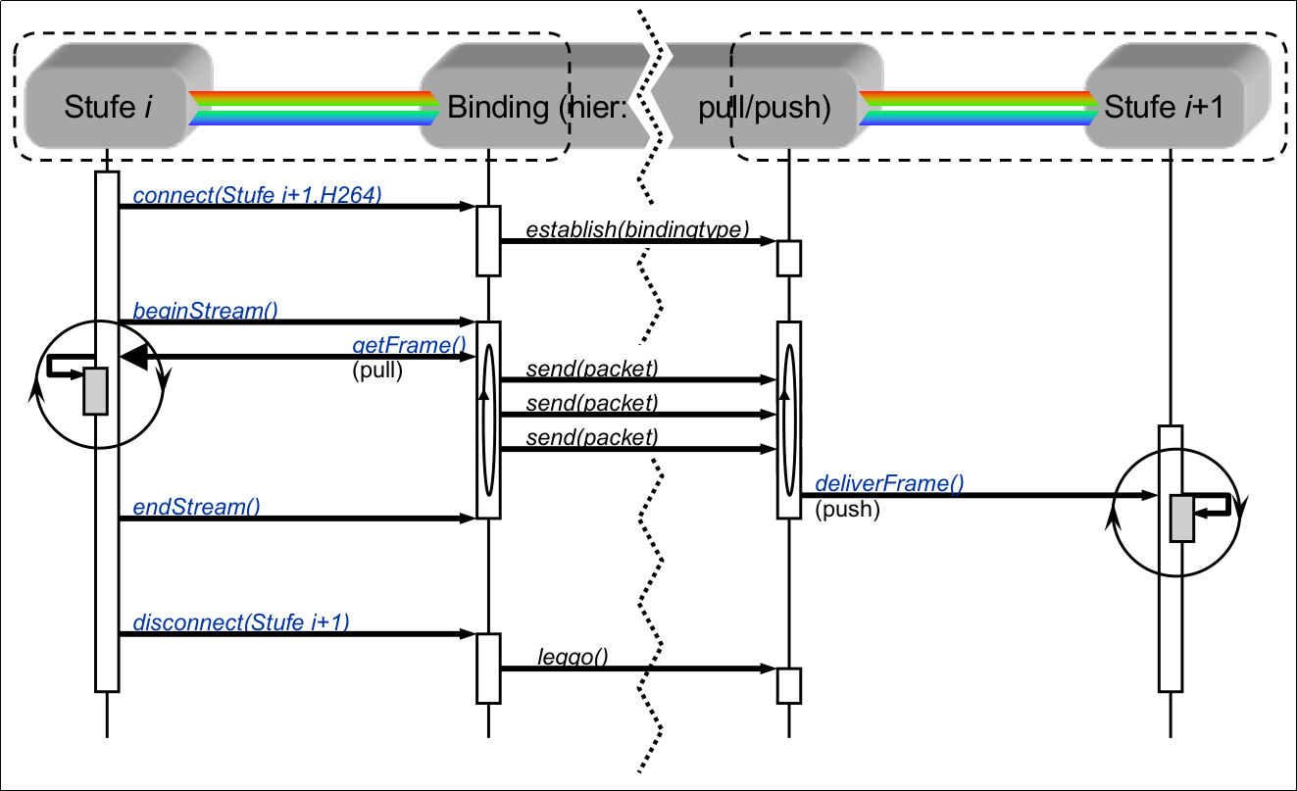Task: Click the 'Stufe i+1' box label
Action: pos(1164,108)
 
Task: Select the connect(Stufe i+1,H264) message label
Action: pos(257,196)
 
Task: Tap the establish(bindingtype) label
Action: pos(637,230)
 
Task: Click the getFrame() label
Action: pos(408,347)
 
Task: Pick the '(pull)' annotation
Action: pos(377,371)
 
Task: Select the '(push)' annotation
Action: pos(847,509)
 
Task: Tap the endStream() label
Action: pos(196,507)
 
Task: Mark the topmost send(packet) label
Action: pos(591,369)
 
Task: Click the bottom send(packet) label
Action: pos(591,436)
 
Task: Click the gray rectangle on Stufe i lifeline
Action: pos(95,391)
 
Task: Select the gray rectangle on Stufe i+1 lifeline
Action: pos(1182,519)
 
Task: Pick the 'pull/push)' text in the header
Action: pos(764,108)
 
